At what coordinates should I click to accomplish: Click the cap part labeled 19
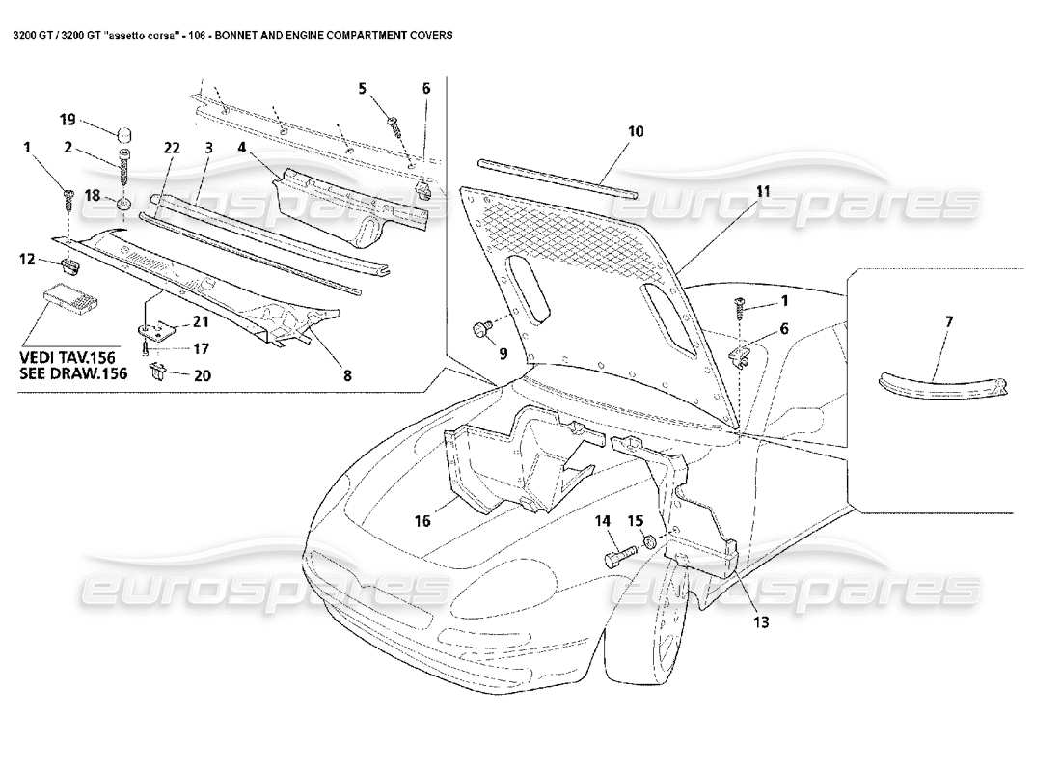[x=124, y=132]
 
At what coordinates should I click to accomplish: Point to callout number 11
[x=763, y=190]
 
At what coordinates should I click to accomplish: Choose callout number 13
[x=760, y=621]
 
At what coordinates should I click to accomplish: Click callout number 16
[x=422, y=522]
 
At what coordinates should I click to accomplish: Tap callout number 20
[x=202, y=375]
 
